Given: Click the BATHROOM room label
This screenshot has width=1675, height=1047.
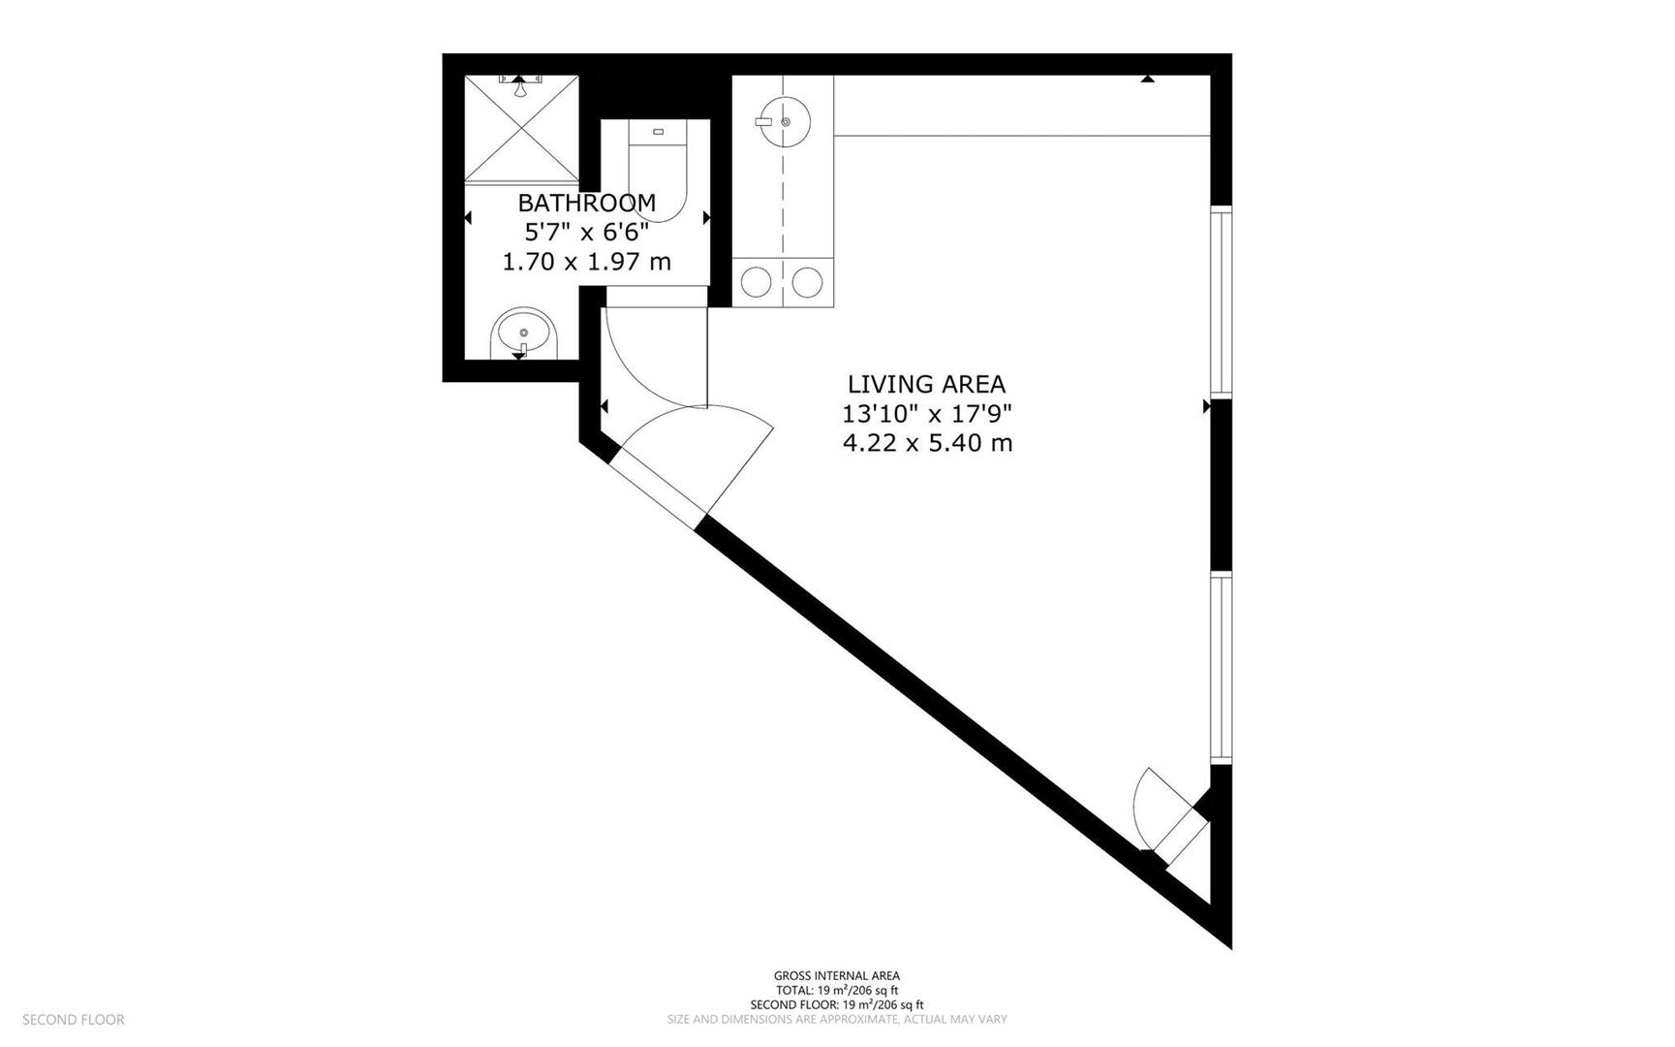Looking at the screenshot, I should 586,203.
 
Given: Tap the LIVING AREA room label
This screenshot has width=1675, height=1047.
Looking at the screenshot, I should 926,384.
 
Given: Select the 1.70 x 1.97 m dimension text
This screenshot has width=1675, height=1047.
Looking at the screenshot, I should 586,262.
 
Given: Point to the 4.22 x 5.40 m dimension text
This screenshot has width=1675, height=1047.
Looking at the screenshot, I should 927,444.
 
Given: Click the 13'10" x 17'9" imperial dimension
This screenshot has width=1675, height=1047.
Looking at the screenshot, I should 926,414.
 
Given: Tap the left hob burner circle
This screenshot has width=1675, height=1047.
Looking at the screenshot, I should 757,283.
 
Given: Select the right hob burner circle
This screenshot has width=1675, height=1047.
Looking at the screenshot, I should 807,283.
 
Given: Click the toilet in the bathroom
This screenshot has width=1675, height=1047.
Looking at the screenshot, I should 657,174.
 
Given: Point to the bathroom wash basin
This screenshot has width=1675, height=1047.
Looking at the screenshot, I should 523,333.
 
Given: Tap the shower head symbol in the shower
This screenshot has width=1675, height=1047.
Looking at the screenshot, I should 520,87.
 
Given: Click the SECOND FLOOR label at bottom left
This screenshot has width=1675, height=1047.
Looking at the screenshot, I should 74,1020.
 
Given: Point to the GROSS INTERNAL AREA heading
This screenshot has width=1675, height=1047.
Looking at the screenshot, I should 836,976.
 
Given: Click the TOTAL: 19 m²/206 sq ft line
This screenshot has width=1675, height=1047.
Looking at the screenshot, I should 836,991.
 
